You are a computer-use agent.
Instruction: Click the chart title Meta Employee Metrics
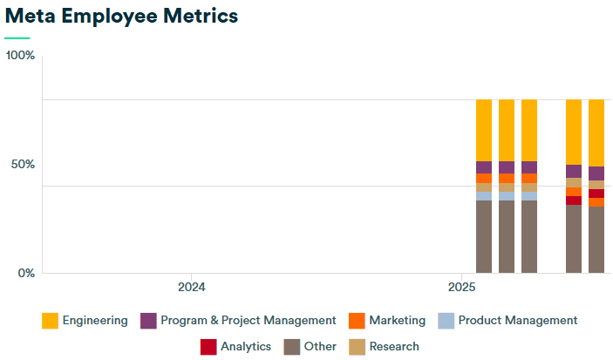[121, 16]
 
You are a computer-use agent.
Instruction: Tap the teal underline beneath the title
[17, 38]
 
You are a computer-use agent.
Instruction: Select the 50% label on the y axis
[21, 165]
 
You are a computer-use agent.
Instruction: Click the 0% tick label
[25, 273]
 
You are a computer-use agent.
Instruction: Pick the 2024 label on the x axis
[191, 287]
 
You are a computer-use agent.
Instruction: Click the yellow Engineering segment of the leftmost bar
[484, 130]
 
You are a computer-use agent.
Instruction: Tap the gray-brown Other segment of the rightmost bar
[596, 240]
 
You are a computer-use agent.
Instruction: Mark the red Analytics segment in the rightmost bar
[596, 194]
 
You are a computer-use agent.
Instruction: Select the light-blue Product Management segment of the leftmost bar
[484, 196]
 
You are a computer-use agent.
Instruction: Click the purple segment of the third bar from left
[529, 167]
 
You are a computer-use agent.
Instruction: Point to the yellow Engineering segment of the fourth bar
[574, 132]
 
